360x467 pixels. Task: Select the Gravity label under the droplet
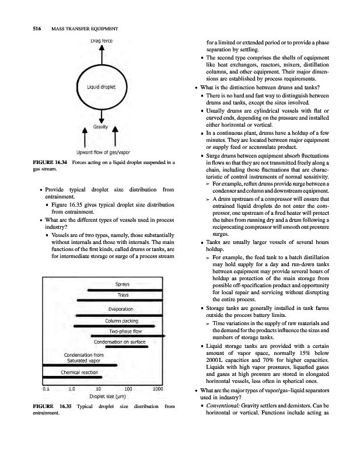pos(103,126)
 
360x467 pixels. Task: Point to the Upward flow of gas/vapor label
pos(102,153)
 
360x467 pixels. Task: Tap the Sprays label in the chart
pos(123,284)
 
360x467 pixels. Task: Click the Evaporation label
pos(121,309)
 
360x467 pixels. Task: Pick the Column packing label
pos(121,320)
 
